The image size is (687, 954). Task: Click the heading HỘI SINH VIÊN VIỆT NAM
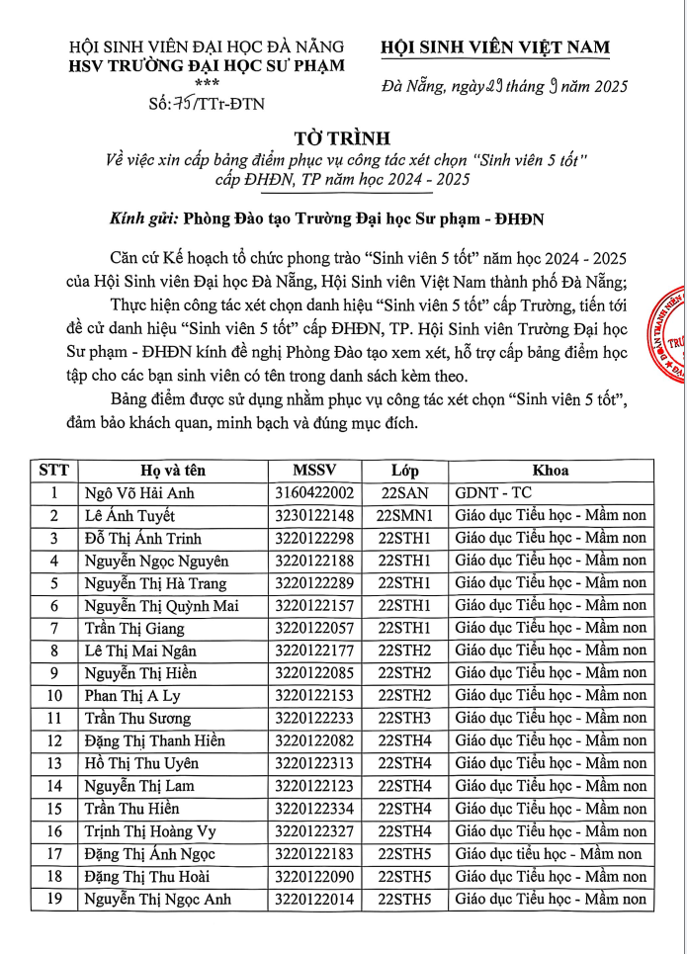point(495,47)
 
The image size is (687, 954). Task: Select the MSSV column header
point(314,471)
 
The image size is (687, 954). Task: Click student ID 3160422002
point(314,493)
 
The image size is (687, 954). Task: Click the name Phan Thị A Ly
point(131,696)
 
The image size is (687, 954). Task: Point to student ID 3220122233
point(314,719)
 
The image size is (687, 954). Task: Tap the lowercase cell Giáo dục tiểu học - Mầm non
point(549,854)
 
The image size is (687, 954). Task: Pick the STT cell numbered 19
point(54,899)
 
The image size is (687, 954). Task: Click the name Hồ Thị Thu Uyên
point(141,763)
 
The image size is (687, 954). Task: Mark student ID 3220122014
point(314,899)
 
